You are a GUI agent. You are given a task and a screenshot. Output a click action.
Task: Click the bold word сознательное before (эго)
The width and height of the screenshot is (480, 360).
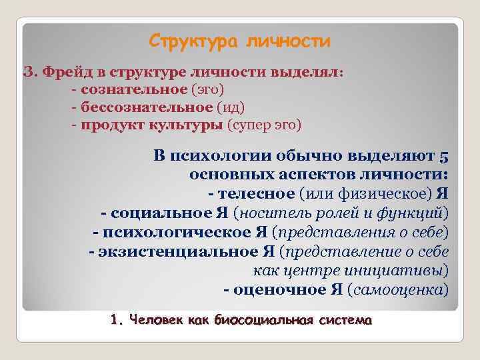click(x=133, y=89)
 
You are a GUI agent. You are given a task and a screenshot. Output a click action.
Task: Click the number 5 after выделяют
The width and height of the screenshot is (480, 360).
click(x=444, y=157)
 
